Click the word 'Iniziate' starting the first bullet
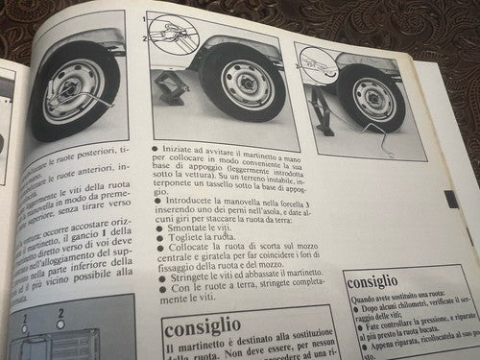[x=179, y=152]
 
